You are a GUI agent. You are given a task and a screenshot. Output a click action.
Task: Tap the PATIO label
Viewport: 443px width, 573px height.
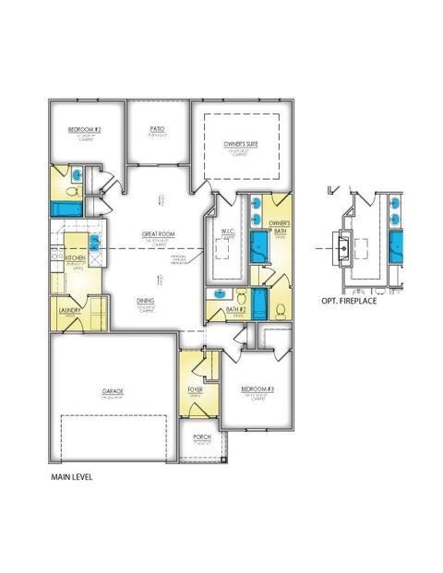157,128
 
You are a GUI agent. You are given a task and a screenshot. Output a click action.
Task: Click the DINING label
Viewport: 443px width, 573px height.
146,300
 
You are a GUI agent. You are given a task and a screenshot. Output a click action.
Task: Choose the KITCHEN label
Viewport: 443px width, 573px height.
75,259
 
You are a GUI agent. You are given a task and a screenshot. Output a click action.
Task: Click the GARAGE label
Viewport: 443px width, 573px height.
114,391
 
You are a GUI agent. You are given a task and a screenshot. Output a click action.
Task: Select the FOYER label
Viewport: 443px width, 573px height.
196,390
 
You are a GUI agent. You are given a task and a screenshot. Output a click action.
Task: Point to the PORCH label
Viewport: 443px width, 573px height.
201,437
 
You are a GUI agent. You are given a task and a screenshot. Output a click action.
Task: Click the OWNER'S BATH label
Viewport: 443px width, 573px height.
280,226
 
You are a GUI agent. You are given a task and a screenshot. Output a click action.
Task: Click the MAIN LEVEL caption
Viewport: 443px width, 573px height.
72,478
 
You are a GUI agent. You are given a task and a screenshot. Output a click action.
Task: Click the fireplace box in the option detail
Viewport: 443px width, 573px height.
342,247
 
